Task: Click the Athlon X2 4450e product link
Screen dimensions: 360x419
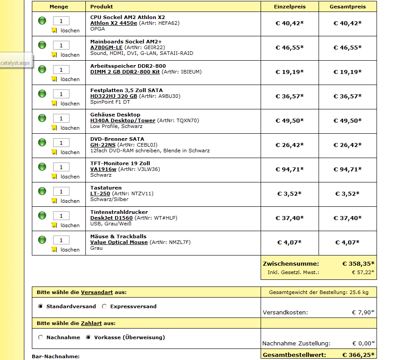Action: (x=114, y=23)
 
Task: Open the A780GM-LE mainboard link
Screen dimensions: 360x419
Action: (x=106, y=47)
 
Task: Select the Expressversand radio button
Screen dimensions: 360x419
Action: (x=104, y=306)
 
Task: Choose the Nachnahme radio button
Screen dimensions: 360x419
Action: (x=41, y=337)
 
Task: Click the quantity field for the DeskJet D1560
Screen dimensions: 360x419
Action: (x=61, y=216)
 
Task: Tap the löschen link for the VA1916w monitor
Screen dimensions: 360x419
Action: (x=70, y=177)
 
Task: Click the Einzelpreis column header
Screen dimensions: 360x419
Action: (x=290, y=7)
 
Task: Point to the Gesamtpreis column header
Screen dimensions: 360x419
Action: (x=347, y=7)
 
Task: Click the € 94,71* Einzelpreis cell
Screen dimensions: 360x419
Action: (x=290, y=169)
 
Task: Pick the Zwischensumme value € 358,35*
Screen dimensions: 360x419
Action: (x=358, y=263)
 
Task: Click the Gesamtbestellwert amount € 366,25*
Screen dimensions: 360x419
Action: (x=358, y=355)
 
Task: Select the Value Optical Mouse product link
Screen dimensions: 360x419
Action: (x=119, y=242)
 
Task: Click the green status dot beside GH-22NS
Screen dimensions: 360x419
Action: (x=42, y=142)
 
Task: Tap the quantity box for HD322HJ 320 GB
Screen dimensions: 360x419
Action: (x=61, y=94)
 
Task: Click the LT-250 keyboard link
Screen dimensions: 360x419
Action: (x=100, y=194)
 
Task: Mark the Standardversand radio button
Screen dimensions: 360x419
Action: (x=41, y=306)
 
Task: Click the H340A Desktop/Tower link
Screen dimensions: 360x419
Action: (x=123, y=120)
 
